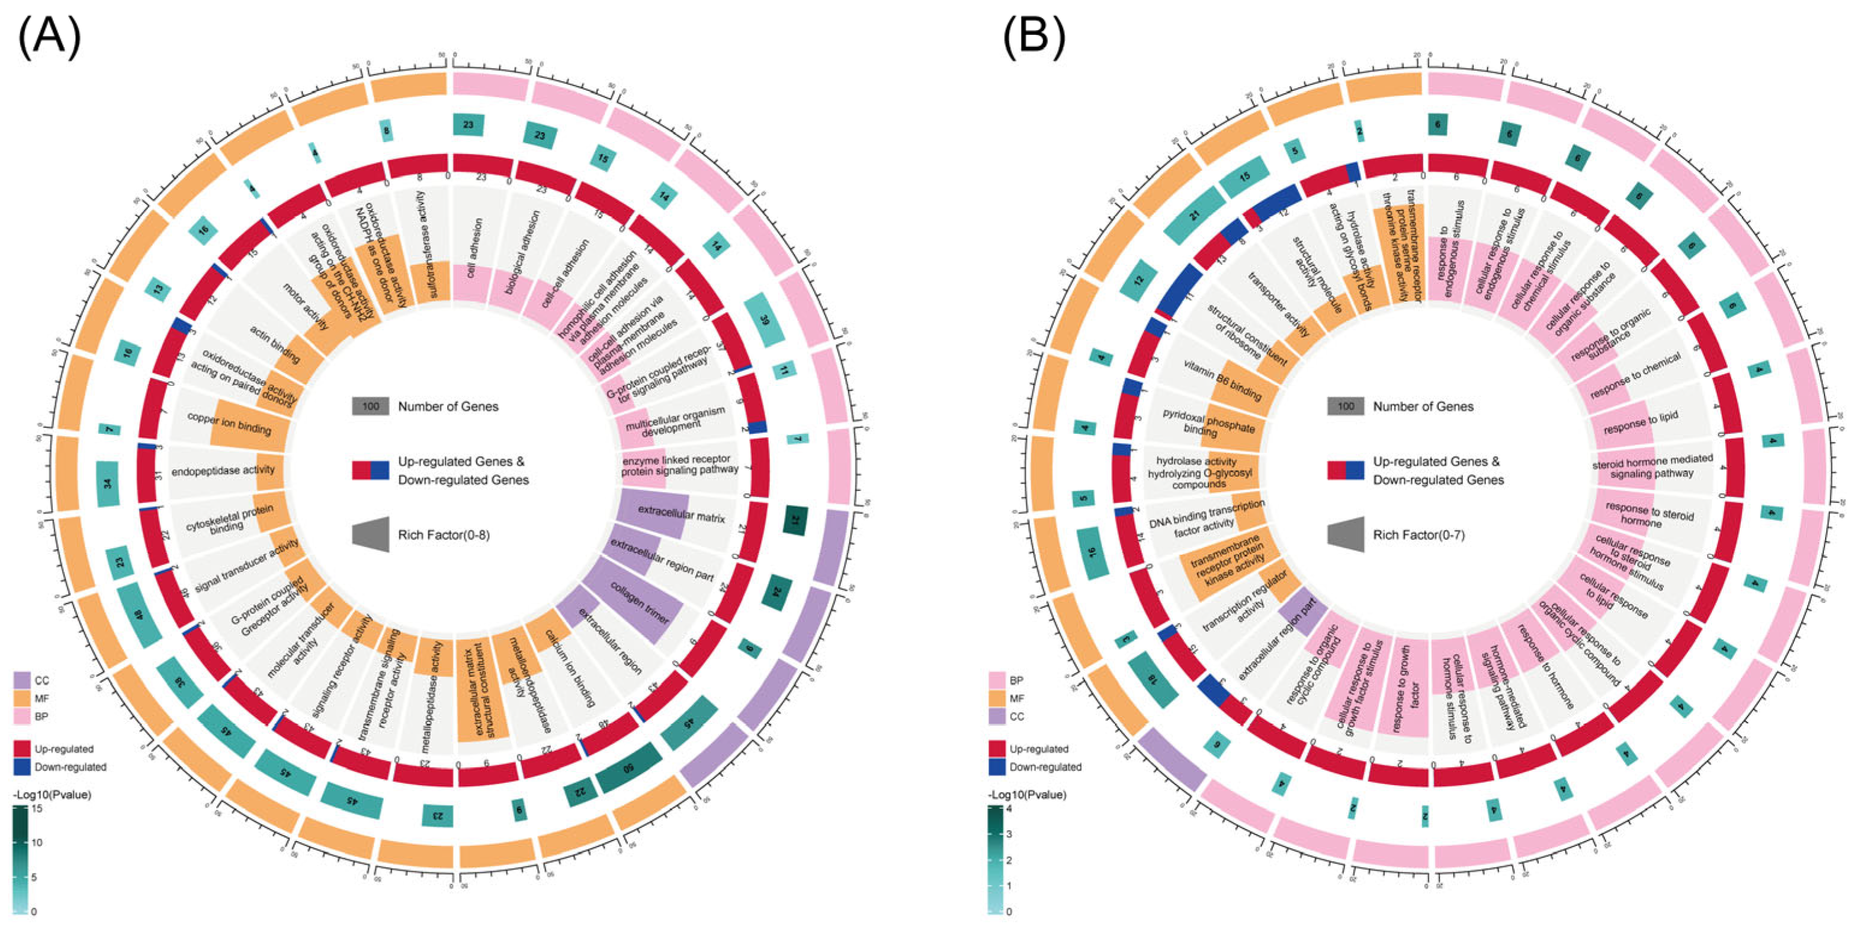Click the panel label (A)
click(49, 37)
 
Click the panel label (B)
click(1033, 37)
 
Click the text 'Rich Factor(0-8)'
click(443, 534)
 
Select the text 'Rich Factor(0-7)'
click(1418, 534)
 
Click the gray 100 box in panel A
click(371, 406)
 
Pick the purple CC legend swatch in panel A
click(22, 680)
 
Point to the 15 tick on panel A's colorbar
click(37, 808)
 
